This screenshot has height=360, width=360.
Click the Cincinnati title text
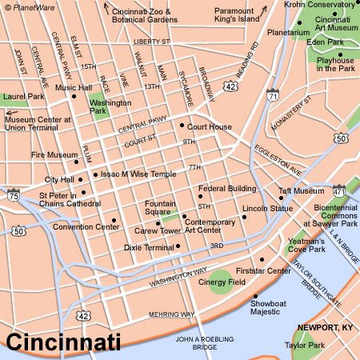(64, 342)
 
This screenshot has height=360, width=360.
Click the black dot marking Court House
(182, 126)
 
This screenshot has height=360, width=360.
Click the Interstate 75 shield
(14, 194)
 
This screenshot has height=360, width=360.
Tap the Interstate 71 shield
(273, 96)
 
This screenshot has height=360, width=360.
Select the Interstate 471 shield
(339, 192)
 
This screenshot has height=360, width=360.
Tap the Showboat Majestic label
(271, 307)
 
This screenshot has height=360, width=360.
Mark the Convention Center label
(86, 226)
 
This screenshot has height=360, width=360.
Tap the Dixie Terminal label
(149, 248)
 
